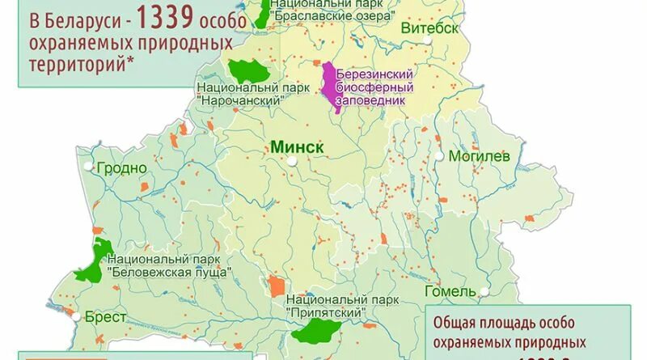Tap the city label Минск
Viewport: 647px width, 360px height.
click(x=297, y=147)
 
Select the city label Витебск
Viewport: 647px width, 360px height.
click(x=429, y=28)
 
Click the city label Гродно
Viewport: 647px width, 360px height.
click(x=121, y=168)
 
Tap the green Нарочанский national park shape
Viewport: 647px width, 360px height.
click(x=246, y=70)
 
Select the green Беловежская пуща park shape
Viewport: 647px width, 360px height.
click(x=95, y=261)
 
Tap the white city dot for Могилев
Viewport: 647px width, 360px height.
click(x=438, y=155)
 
